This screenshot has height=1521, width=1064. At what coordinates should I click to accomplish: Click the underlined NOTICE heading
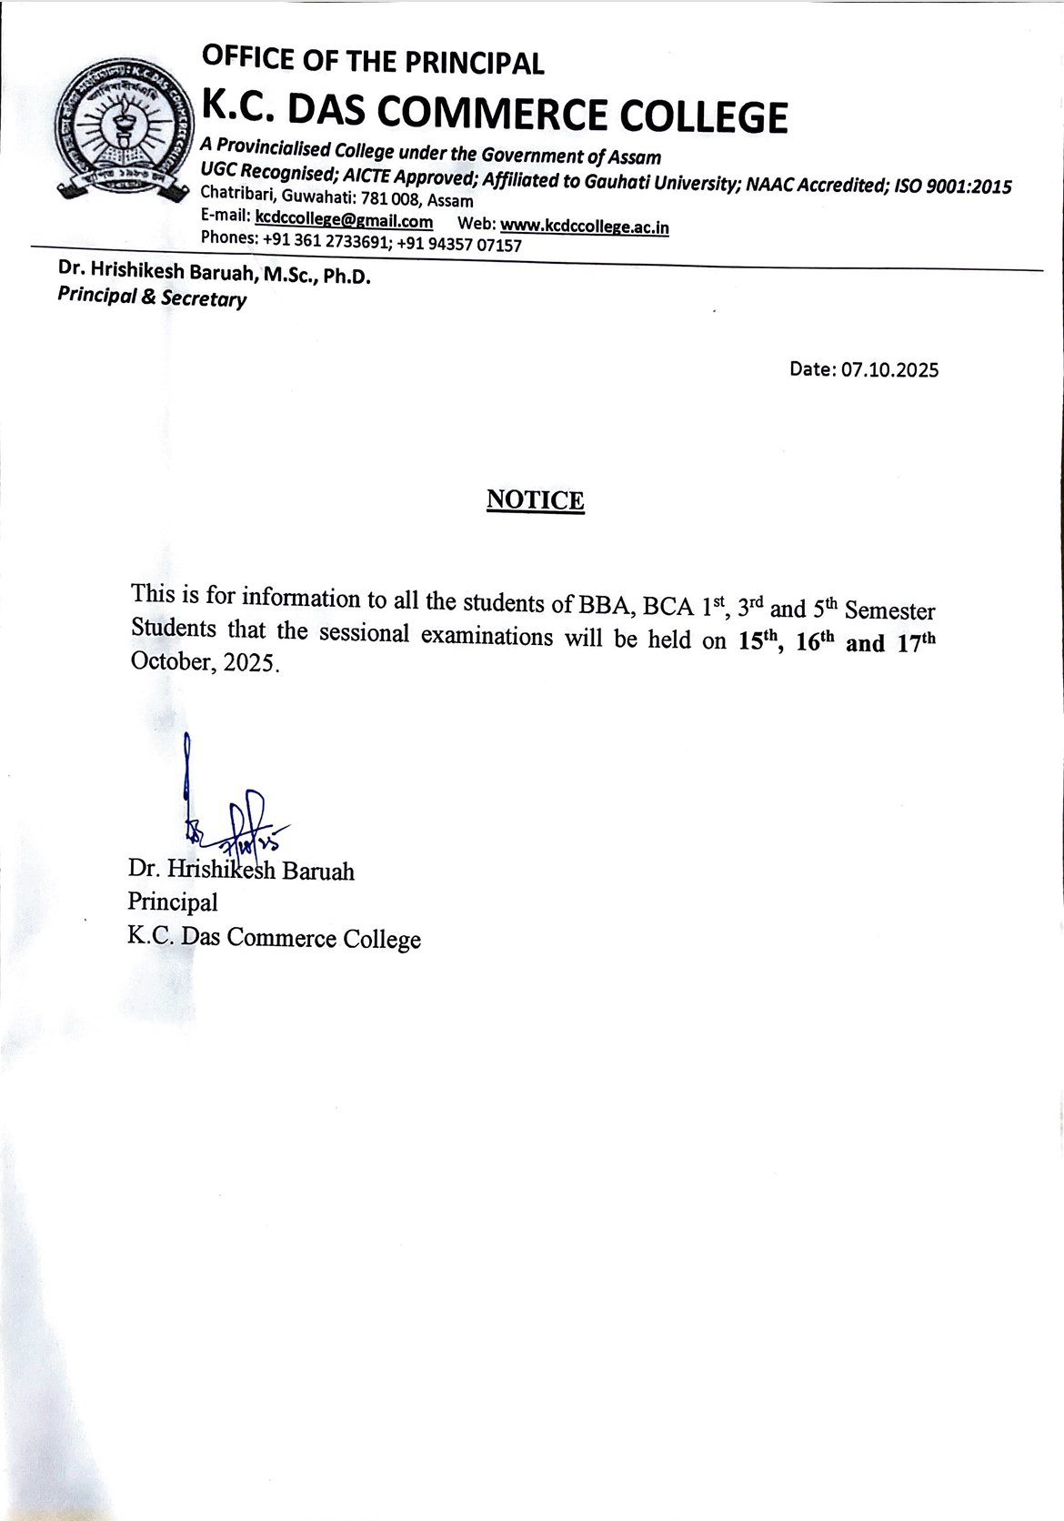535,499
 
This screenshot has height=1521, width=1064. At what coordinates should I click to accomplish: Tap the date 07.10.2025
889,369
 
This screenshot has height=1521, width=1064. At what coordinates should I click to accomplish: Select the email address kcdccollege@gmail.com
344,220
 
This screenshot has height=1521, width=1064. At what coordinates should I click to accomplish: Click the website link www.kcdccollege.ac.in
585,226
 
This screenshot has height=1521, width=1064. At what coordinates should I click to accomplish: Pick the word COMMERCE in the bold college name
495,116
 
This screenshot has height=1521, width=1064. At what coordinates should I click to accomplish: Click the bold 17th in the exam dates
915,642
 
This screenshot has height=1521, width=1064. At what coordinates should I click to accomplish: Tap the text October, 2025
202,661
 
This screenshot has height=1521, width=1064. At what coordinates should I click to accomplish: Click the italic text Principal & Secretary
151,297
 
